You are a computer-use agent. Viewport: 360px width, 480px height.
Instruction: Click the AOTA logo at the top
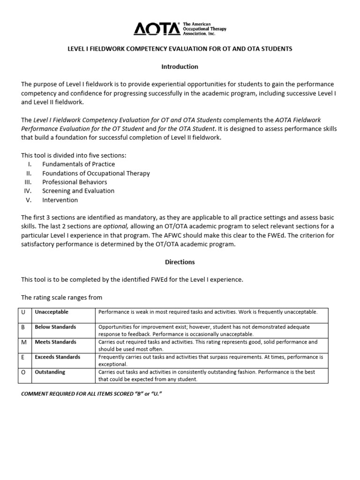click(157, 29)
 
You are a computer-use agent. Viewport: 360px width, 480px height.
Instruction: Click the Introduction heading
click(180, 67)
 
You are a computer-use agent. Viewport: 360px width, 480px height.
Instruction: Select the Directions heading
click(180, 262)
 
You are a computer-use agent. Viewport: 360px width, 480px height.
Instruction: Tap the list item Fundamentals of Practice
click(78, 165)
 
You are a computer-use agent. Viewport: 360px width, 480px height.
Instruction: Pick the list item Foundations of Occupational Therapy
click(96, 173)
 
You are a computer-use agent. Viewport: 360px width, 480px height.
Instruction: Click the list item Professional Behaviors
click(75, 182)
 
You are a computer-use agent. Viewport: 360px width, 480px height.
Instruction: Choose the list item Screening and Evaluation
click(78, 191)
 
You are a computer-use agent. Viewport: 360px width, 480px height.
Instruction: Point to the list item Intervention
click(60, 200)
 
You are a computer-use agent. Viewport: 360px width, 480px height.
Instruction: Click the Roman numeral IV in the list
click(27, 191)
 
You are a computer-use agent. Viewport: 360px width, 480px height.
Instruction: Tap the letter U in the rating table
click(23, 312)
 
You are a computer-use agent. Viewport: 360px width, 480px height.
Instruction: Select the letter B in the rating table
click(23, 327)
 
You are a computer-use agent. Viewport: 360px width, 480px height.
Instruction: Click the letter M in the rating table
click(24, 342)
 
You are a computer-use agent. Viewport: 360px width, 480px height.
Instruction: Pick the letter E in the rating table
click(23, 357)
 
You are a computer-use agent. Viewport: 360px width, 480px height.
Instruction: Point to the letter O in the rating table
click(24, 372)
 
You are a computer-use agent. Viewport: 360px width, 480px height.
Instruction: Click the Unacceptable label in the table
click(52, 312)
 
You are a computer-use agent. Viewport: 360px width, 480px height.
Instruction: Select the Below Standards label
click(55, 327)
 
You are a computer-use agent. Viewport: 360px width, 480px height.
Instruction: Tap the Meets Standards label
click(55, 342)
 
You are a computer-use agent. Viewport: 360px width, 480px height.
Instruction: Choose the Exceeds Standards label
click(57, 357)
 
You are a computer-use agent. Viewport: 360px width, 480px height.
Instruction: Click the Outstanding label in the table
click(50, 372)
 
